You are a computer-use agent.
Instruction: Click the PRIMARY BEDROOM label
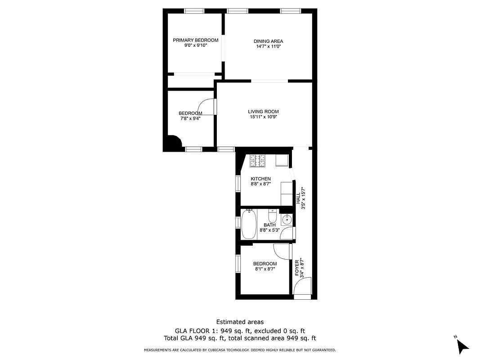(x=195, y=40)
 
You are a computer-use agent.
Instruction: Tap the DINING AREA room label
(x=268, y=41)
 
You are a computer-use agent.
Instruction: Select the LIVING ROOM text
(x=263, y=112)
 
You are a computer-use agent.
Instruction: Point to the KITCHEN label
(x=260, y=179)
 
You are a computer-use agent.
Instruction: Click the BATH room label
(x=269, y=225)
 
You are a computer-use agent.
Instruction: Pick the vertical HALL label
(x=298, y=198)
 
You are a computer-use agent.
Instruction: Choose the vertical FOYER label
(x=297, y=268)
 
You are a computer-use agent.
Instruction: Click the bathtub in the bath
(x=249, y=225)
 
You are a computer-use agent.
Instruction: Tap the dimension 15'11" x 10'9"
(x=263, y=117)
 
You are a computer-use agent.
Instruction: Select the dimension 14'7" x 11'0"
(x=268, y=46)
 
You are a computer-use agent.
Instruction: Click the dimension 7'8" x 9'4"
(x=190, y=118)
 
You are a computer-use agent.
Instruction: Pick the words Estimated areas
(x=240, y=322)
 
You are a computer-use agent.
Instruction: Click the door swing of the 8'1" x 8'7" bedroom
(x=281, y=251)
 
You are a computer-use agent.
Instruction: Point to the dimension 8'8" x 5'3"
(x=269, y=230)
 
